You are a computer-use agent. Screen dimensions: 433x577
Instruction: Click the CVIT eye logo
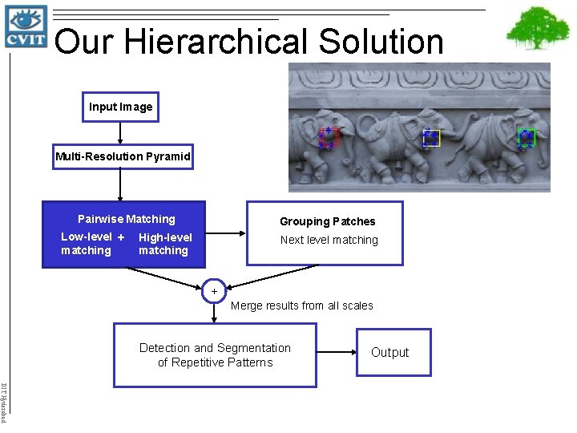click(26, 26)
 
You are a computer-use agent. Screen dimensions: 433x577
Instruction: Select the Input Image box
click(121, 107)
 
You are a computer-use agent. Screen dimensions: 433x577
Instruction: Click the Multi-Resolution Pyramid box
click(123, 156)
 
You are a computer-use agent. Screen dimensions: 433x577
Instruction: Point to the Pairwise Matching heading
click(126, 219)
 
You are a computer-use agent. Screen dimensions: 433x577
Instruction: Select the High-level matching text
click(165, 244)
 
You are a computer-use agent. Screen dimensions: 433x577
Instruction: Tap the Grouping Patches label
click(327, 221)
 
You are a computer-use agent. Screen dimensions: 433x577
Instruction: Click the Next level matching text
click(329, 240)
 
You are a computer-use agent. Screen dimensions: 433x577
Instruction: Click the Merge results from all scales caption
click(302, 306)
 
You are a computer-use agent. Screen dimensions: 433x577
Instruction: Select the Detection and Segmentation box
click(215, 355)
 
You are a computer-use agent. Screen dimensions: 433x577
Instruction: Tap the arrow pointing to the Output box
click(337, 352)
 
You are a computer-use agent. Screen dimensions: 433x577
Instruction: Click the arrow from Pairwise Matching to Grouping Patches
click(224, 233)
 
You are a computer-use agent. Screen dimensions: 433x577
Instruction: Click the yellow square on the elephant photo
click(431, 139)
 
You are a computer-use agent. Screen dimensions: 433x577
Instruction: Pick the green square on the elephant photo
click(526, 138)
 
